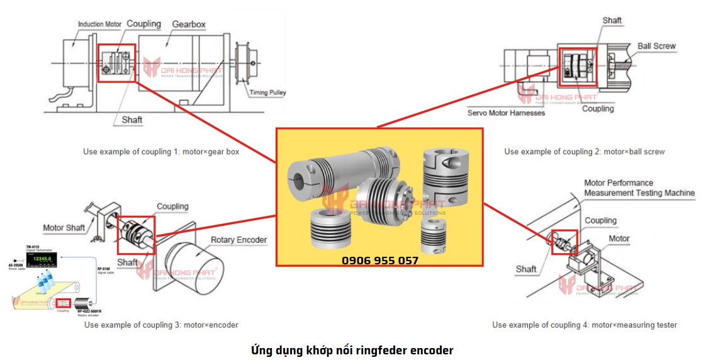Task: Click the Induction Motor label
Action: pyautogui.click(x=99, y=25)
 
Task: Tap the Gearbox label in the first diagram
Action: pyautogui.click(x=189, y=25)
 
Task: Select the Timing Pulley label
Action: pyautogui.click(x=267, y=93)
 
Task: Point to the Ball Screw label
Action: pyautogui.click(x=656, y=46)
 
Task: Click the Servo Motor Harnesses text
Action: pyautogui.click(x=506, y=113)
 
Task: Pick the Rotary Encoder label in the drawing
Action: pyautogui.click(x=238, y=240)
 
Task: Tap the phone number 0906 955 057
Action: pyautogui.click(x=379, y=260)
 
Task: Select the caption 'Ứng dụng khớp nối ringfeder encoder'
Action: pyautogui.click(x=352, y=350)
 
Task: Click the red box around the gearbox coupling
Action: pyautogui.click(x=116, y=63)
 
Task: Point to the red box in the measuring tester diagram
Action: pyautogui.click(x=564, y=242)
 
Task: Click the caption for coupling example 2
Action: pyautogui.click(x=584, y=152)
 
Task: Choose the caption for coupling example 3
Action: pyautogui.click(x=161, y=325)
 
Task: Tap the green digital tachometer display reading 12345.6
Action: pyautogui.click(x=42, y=259)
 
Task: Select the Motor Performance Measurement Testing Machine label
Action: pyautogui.click(x=639, y=188)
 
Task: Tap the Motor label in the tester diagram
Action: pyautogui.click(x=619, y=239)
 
